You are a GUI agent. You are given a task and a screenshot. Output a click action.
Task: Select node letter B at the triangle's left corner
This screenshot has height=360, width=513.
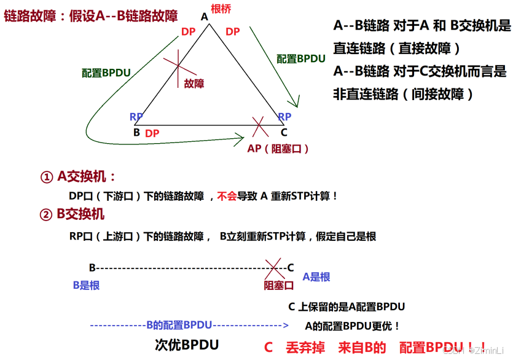[x=136, y=132]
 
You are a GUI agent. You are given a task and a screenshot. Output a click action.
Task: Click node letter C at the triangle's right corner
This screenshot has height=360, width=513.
[x=283, y=132]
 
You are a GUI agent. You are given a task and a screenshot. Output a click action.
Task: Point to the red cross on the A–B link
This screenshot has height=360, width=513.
[x=178, y=64]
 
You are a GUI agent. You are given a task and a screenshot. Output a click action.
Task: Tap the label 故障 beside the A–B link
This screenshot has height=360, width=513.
[x=194, y=84]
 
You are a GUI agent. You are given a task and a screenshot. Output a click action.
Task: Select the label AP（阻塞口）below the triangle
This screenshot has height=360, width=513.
[x=278, y=149]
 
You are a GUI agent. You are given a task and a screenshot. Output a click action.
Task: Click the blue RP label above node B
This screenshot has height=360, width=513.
[x=136, y=117]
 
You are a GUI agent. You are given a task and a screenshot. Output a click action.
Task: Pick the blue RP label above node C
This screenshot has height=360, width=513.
[x=284, y=117]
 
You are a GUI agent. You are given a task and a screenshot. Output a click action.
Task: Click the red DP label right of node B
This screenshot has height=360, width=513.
[x=152, y=133]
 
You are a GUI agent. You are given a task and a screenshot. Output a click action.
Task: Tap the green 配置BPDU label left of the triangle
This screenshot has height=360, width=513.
[x=106, y=72]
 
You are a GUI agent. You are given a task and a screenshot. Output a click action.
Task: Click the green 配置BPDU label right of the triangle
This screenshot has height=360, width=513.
[x=300, y=59]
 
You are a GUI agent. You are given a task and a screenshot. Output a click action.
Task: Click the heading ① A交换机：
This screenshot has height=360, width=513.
[x=78, y=177]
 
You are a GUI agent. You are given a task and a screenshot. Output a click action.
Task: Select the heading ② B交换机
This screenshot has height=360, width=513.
[x=72, y=214]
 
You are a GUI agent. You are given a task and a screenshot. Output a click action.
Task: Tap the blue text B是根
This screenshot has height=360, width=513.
[x=86, y=285]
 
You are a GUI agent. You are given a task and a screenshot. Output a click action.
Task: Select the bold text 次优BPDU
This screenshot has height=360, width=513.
[x=187, y=345]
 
